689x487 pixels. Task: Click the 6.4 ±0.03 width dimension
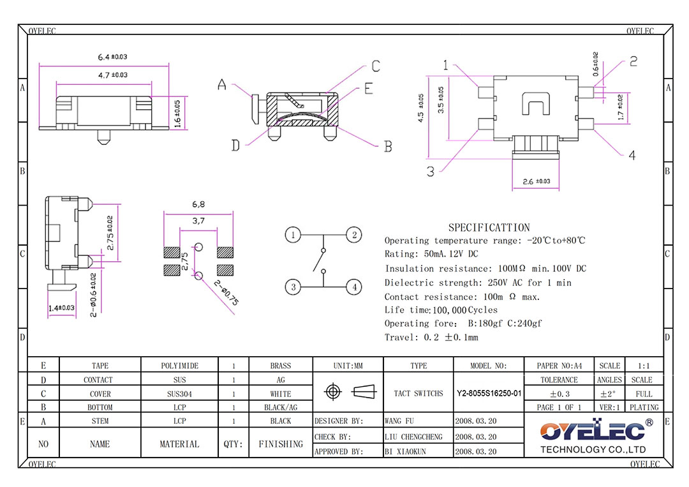point(112,57)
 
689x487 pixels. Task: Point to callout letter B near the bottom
point(387,147)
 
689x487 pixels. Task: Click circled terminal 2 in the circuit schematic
point(354,235)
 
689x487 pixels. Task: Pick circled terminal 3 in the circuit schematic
point(293,287)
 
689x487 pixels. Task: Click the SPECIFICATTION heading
point(489,228)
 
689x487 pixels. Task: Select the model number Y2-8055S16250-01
point(489,394)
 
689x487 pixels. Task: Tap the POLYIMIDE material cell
point(179,366)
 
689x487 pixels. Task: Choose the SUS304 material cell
point(179,394)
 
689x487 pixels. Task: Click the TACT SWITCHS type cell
point(419,394)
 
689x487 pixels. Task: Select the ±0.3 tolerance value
point(559,394)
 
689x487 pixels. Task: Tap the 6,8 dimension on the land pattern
point(198,205)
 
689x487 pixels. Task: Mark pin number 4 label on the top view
point(632,155)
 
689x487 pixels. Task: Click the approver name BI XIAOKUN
point(405,451)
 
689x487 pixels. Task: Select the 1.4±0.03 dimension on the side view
point(62,308)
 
